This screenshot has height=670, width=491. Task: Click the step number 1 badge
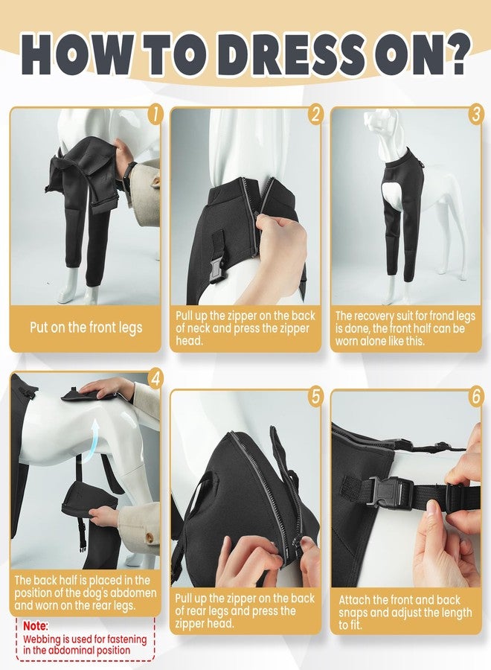coord(155,114)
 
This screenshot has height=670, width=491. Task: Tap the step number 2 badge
coord(315,114)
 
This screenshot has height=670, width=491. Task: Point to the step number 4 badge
coord(155,379)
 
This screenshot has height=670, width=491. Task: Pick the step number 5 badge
coord(315,397)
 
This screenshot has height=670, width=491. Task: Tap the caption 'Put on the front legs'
coord(86,328)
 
